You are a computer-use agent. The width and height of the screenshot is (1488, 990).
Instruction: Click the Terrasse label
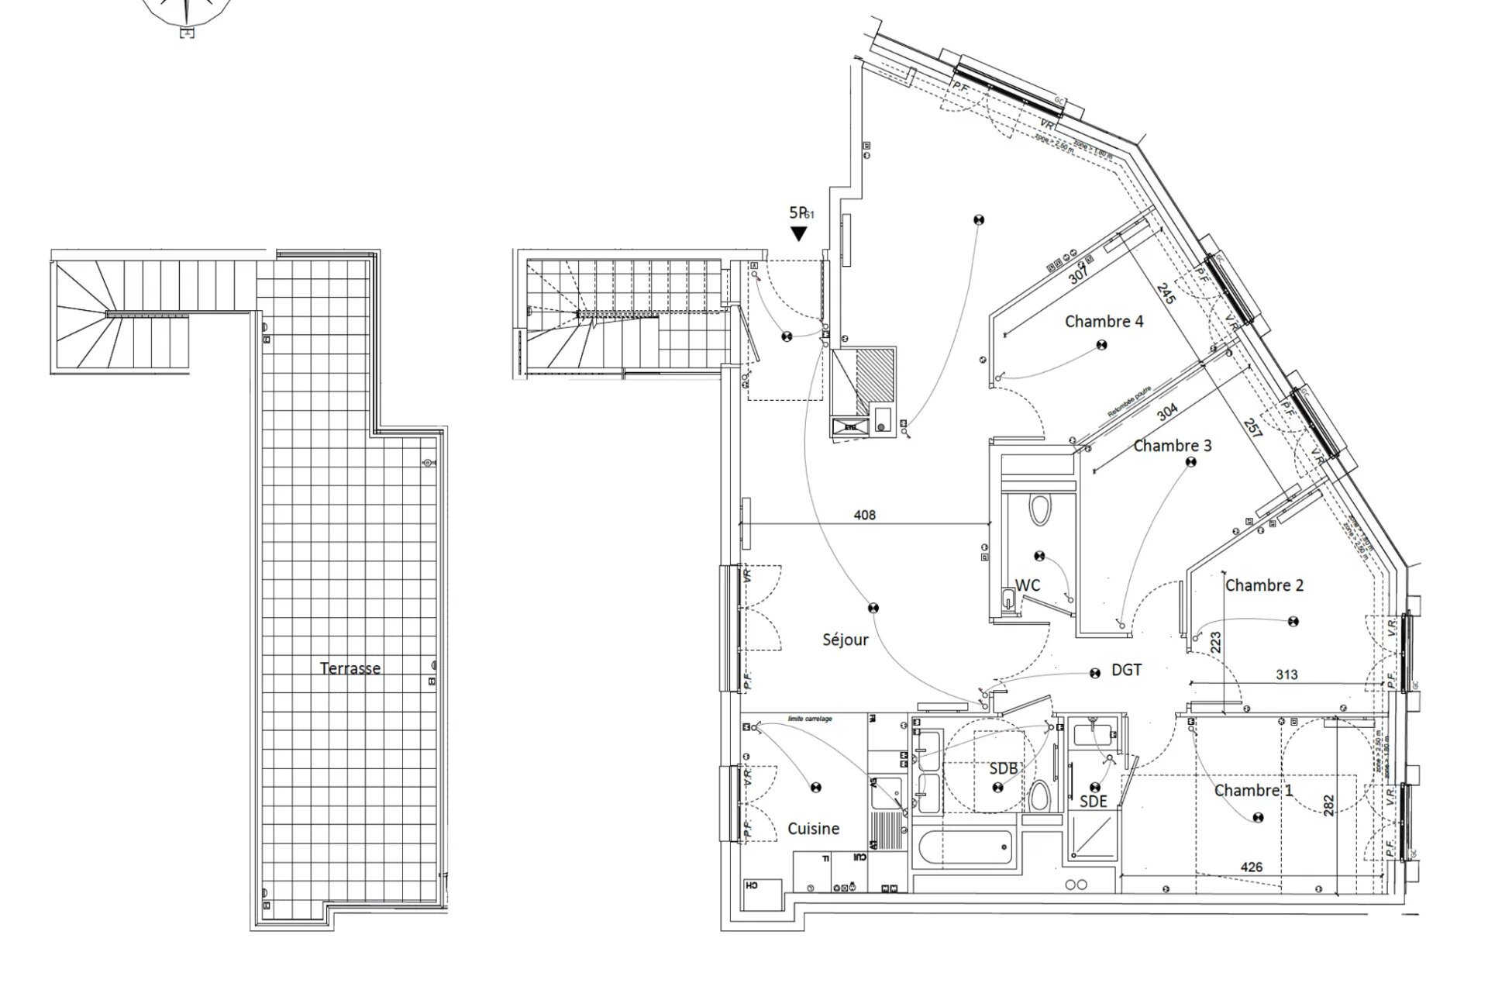coord(350,668)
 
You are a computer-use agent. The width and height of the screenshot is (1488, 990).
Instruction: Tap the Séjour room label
coord(845,640)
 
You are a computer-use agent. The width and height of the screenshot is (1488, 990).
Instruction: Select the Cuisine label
coord(813,829)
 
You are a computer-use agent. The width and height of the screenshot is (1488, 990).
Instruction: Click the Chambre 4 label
coord(1104,321)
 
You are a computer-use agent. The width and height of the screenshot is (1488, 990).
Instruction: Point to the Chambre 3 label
coord(1172,446)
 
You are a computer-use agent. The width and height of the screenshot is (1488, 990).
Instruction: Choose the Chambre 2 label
coord(1264,585)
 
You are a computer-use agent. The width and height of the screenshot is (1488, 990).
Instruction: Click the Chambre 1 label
coord(1252,790)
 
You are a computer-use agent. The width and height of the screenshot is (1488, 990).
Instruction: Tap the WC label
coord(1027,585)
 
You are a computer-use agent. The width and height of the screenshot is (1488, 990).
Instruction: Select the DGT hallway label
coord(1126,670)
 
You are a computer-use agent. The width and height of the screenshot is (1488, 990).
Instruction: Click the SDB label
coord(1003,768)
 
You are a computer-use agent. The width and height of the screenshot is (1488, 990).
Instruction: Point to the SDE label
coord(1093,802)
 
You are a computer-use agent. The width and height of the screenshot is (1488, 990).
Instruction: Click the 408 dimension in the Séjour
coord(864,515)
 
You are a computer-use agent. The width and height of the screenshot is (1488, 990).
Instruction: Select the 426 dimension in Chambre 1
coord(1251,867)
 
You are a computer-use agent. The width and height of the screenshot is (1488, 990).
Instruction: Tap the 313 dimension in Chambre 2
coord(1286,674)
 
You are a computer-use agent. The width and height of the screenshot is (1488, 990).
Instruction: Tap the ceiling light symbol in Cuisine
coord(815,788)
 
